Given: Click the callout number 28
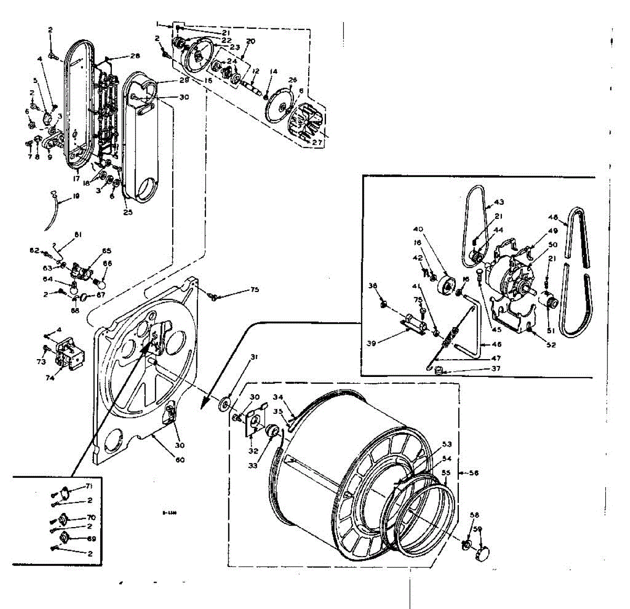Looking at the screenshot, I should [x=135, y=56].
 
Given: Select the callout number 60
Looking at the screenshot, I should [x=180, y=460].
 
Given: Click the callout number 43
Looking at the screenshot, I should [x=498, y=203].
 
